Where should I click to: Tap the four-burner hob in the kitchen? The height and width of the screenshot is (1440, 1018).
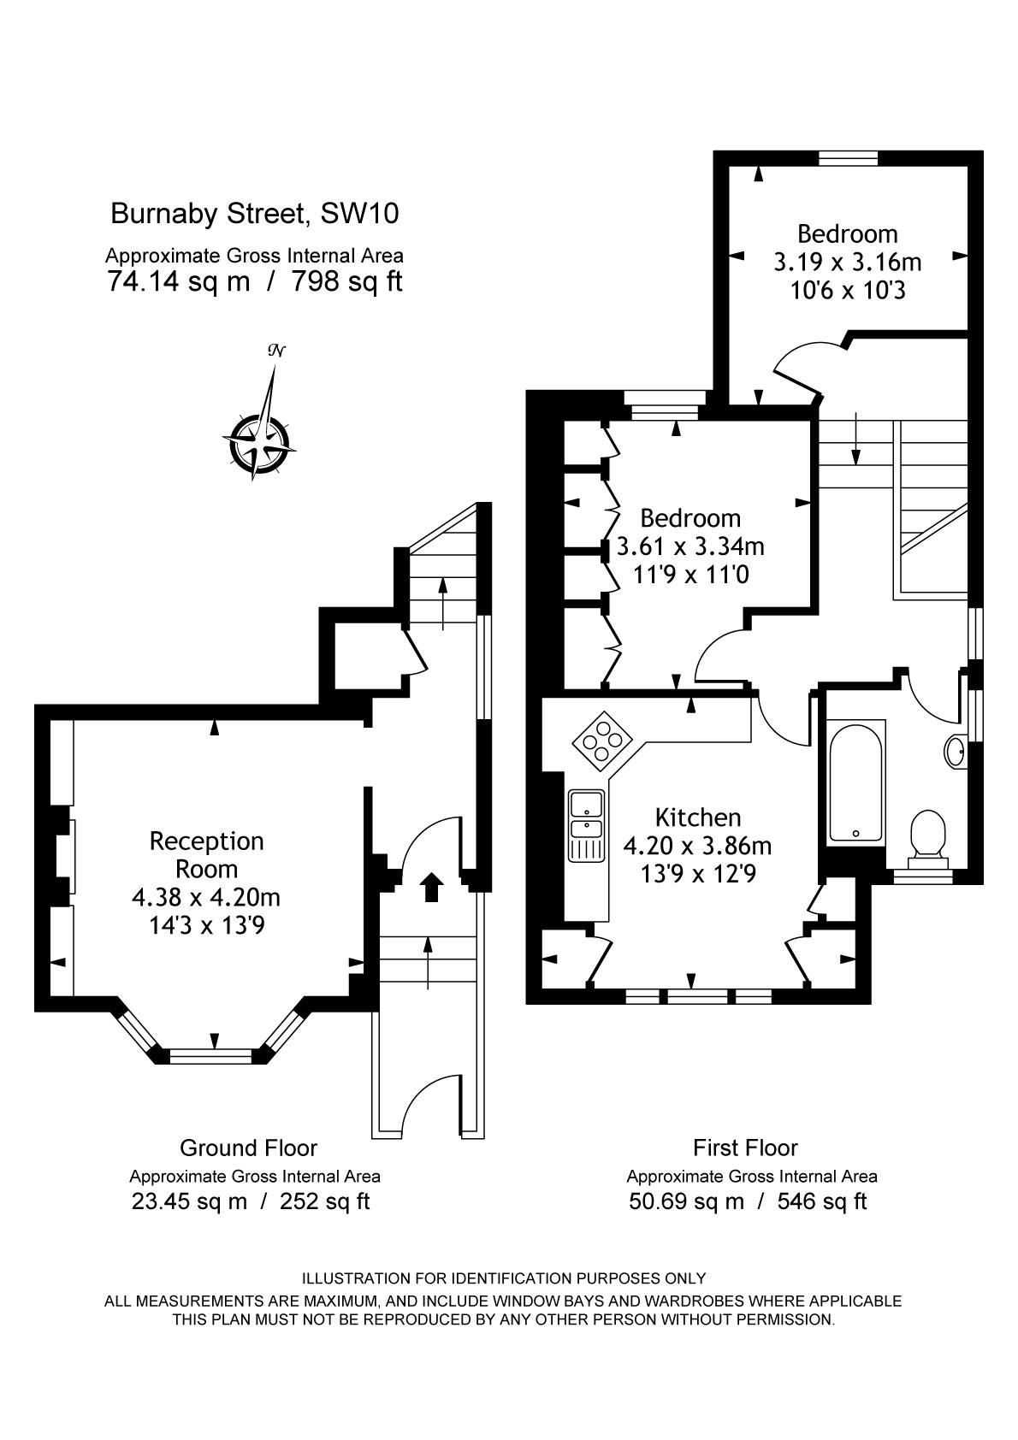602,741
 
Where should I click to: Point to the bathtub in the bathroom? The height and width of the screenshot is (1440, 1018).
856,783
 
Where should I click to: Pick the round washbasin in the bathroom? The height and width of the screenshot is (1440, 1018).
955,750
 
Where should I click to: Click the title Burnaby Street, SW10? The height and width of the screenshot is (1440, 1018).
255,214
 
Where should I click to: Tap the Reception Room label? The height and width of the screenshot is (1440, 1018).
206,854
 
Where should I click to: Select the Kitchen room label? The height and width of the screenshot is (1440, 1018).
698,817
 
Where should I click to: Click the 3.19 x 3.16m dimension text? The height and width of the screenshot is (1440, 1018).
847,263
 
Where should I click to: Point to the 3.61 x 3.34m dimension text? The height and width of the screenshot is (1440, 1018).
690,546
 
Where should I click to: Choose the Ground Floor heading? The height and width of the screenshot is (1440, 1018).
248,1148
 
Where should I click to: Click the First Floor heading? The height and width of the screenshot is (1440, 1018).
745,1148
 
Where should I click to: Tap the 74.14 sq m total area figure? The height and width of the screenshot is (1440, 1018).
178,281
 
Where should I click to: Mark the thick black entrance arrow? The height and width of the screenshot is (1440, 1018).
431,887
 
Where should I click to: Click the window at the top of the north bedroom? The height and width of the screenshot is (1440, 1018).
849,157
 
